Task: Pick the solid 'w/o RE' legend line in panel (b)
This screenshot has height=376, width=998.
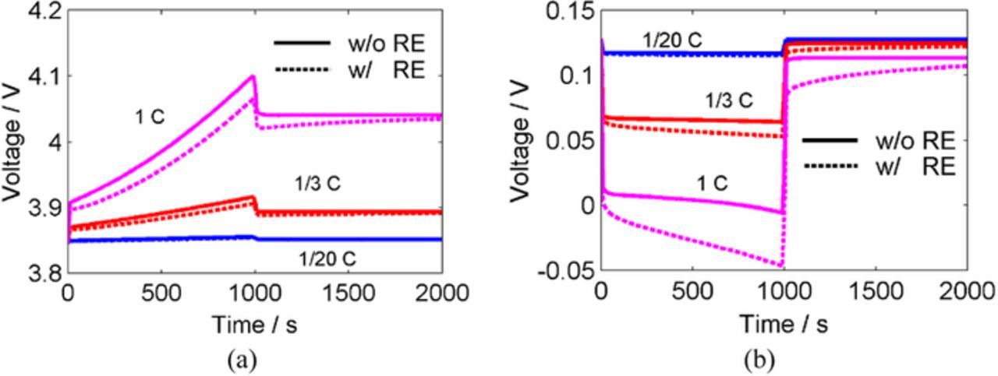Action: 830,139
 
